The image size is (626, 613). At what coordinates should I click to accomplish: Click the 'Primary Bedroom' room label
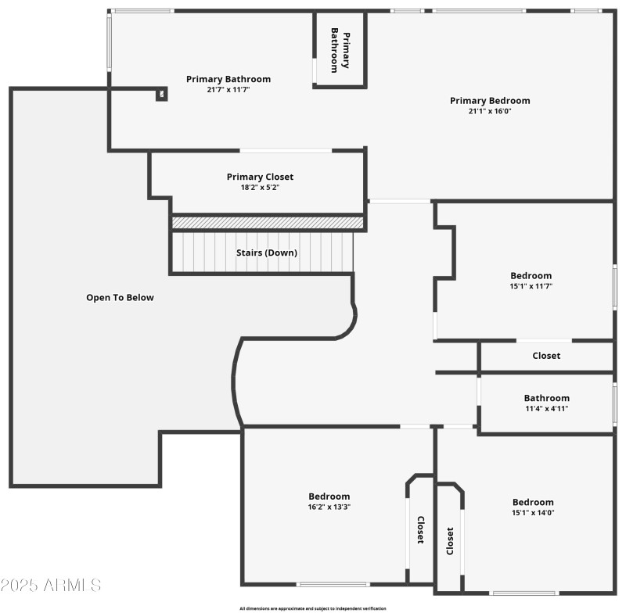coord(490,100)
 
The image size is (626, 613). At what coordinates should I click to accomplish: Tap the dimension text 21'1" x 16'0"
coord(490,111)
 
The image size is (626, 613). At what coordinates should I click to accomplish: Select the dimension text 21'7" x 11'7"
coord(228,90)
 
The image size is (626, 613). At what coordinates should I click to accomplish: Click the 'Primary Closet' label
coord(260,177)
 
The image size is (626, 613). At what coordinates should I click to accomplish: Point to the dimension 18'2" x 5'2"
coord(260,188)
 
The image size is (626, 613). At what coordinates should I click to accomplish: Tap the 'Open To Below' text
coord(120,297)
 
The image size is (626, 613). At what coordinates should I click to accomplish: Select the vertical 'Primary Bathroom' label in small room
coord(340,51)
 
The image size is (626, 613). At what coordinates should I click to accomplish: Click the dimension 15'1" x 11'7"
coord(531,286)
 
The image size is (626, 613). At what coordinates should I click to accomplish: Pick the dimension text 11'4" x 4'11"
coord(546,408)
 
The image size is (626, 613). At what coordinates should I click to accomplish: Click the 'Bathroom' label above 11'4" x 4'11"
coord(546,398)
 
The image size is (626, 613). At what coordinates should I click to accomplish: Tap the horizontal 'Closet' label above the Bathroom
coord(546,356)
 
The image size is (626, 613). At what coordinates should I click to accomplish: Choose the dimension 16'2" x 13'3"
coord(329,507)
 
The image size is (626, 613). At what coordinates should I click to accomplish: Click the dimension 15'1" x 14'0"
coord(533,513)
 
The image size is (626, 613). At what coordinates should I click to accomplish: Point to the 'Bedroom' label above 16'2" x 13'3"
coord(329,496)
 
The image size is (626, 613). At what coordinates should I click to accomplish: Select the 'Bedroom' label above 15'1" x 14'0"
coord(533,502)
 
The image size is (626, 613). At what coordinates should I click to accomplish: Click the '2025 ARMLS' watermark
coord(51,585)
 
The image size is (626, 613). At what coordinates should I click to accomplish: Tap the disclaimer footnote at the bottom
coord(312,608)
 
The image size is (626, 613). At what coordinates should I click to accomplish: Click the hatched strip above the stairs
coord(268,223)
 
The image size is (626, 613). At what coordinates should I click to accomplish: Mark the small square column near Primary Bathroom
coord(161,95)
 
